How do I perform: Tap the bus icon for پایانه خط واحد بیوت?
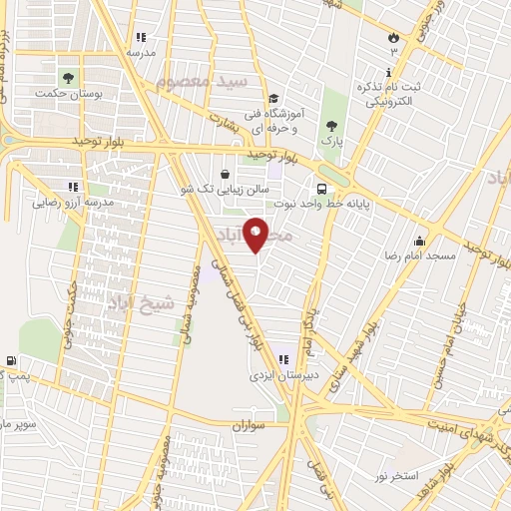coord(321,188)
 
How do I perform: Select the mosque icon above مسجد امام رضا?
coord(419,241)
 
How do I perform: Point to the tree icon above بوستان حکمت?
coord(68,76)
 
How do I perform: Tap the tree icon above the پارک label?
coord(331,126)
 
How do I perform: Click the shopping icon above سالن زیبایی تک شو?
coord(237,173)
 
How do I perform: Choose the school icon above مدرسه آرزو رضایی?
coord(71,186)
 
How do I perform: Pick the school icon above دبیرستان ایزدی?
coord(282,359)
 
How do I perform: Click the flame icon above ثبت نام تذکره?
coord(393,37)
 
